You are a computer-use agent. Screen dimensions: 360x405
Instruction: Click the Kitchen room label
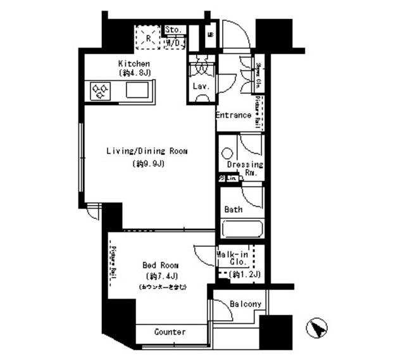134,64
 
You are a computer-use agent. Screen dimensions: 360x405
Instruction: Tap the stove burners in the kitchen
101,92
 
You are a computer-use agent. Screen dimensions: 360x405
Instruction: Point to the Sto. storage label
174,30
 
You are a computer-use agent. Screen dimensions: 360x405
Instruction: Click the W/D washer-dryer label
174,44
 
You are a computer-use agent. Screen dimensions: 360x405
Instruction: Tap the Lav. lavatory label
201,86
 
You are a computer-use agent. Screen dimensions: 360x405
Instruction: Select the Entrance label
234,115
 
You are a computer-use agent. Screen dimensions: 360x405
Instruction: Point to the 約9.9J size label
149,164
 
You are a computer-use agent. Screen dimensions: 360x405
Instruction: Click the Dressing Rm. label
244,168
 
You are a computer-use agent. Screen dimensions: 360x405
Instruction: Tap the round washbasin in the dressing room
227,152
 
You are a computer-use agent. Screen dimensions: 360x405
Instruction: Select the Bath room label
234,209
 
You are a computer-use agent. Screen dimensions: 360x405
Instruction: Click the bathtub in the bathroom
242,228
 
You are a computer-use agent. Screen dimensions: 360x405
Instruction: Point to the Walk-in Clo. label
232,258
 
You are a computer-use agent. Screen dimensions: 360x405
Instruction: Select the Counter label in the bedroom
170,332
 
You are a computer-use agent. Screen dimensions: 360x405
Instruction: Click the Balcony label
245,304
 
